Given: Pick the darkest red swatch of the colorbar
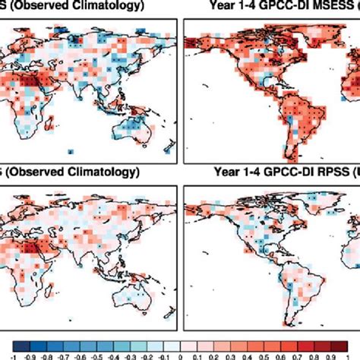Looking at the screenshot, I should [346, 339].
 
